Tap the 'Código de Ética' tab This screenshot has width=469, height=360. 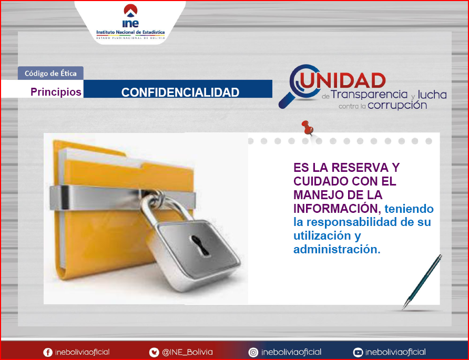(50, 73)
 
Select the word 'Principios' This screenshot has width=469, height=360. (56, 92)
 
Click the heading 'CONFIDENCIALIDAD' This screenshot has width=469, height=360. (180, 92)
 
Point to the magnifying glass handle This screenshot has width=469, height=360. (286, 100)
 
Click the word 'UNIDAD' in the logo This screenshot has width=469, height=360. (343, 80)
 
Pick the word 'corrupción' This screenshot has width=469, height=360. (397, 105)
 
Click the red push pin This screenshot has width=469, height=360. (308, 128)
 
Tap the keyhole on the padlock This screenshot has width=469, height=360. (200, 245)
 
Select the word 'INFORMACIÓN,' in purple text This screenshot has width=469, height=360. (337, 209)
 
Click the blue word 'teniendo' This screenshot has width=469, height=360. (409, 209)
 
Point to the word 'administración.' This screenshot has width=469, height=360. (337, 249)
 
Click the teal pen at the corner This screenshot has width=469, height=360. (422, 282)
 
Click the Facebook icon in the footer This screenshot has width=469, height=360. (48, 353)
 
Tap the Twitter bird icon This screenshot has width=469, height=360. (154, 353)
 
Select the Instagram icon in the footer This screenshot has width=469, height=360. (253, 353)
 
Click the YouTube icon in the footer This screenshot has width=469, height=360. (358, 353)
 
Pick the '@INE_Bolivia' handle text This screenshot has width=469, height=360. (187, 352)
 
